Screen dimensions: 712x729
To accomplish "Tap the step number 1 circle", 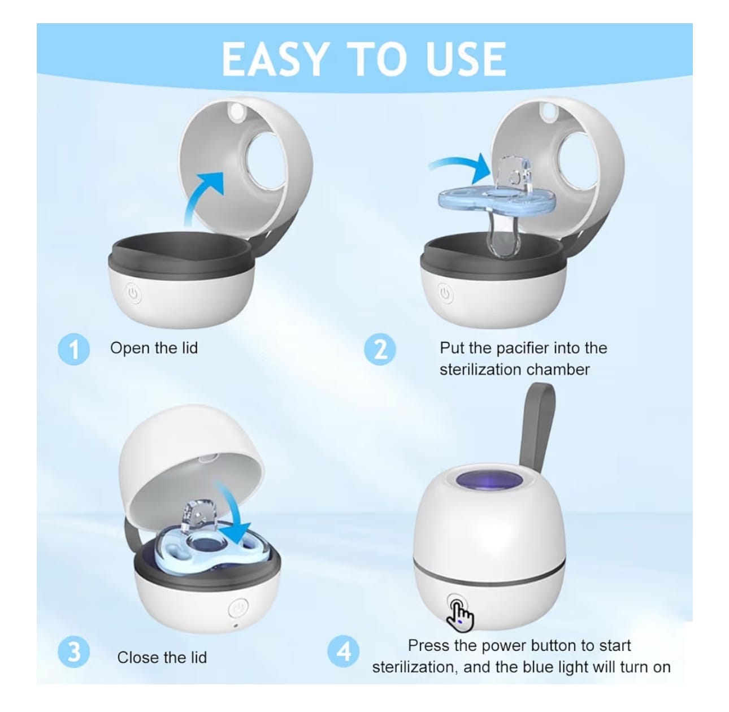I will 74,349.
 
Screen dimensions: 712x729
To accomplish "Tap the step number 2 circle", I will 380,349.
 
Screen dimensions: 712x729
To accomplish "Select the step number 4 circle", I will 344,652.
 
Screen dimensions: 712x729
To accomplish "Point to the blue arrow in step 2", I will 461,166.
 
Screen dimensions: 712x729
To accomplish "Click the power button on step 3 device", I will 238,608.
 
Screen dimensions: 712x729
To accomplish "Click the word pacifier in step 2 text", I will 527,348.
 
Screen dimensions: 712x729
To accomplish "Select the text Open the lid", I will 154,348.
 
